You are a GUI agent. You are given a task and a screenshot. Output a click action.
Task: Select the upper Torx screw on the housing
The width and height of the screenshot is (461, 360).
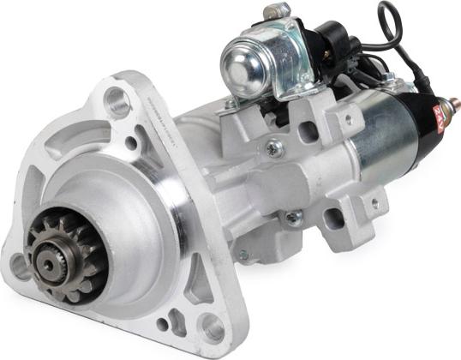point(273,149)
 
